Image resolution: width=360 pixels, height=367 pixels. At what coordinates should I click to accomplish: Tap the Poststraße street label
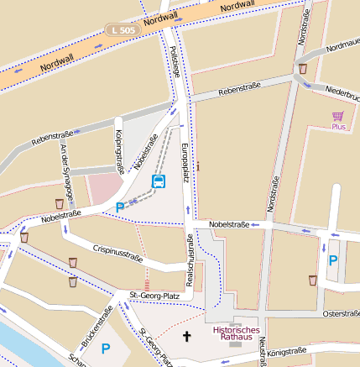(x=175, y=61)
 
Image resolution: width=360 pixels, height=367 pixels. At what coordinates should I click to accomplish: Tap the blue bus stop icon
(x=158, y=181)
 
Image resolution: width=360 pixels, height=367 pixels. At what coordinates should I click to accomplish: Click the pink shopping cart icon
(x=338, y=116)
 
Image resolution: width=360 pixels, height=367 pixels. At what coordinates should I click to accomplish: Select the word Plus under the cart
(x=338, y=128)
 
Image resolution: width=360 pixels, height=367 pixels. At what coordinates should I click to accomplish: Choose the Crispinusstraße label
(x=117, y=254)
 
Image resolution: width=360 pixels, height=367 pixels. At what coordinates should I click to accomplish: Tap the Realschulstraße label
(x=190, y=260)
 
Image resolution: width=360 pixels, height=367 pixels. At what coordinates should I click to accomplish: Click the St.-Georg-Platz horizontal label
(x=155, y=296)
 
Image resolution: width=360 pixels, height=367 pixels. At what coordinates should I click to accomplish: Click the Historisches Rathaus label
(x=236, y=335)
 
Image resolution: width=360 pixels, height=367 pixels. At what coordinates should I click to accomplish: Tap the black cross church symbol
(x=186, y=337)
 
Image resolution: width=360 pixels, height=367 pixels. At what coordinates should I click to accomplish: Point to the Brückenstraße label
(x=97, y=328)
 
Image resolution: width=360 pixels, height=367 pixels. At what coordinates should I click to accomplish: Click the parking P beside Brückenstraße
(x=106, y=348)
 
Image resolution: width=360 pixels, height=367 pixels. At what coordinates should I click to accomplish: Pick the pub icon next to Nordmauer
(x=302, y=68)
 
